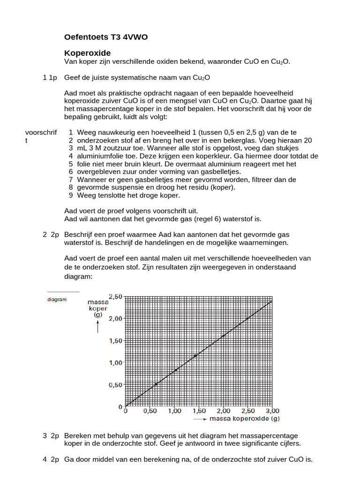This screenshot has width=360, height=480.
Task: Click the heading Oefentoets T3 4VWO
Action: [x=105, y=37]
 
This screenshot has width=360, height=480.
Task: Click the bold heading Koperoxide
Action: [x=87, y=53]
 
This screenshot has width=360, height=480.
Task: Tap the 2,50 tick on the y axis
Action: [x=116, y=296]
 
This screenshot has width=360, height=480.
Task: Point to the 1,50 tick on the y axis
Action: [x=116, y=340]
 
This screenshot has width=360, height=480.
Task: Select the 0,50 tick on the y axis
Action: [x=116, y=385]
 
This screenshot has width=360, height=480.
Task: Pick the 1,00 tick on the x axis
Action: [x=174, y=411]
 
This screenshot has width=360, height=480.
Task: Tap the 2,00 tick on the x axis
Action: [x=223, y=411]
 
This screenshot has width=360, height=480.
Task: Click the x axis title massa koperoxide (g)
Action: [x=244, y=418]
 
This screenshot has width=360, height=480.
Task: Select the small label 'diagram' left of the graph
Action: [x=57, y=300]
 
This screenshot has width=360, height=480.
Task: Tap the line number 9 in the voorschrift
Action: [x=71, y=195]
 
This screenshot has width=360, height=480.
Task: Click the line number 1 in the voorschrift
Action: [x=71, y=133]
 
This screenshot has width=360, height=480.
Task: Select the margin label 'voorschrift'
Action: [x=41, y=133]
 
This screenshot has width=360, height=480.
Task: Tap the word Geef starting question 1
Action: [x=73, y=77]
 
